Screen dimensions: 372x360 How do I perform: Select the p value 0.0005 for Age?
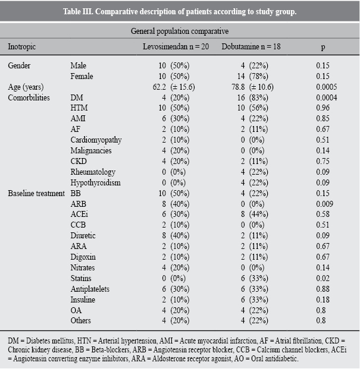click(x=327, y=87)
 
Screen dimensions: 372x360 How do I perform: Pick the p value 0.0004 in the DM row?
click(x=327, y=97)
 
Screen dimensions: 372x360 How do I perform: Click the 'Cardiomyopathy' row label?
click(x=96, y=140)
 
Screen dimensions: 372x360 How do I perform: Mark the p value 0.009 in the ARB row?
click(x=325, y=204)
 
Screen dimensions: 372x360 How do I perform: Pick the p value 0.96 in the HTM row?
click(x=323, y=108)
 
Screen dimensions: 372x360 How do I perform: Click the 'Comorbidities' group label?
click(x=29, y=97)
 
